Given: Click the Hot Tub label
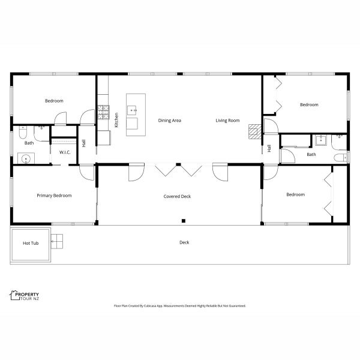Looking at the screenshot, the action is coord(31,243).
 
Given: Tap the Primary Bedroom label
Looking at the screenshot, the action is coord(54,196).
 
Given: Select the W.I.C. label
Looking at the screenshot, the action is coord(65,152).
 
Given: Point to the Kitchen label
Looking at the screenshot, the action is coord(116,120).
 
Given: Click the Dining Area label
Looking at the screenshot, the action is coord(169,121).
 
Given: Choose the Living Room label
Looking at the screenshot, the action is coord(227,121).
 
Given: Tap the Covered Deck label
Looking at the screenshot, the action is coord(177,197).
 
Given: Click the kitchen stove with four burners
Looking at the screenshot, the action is coord(104,112).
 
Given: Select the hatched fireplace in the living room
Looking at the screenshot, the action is coord(255,131).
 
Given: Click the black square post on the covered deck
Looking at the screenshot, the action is coord(184,221).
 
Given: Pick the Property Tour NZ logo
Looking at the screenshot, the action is coord(25,295).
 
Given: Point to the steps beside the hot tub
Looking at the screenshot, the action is coord(57,241).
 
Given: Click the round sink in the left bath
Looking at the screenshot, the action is coord(26,158).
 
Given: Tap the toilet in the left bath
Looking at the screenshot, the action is coord(23,132).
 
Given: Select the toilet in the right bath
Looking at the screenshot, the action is coord(341,158).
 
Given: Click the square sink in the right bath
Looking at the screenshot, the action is coord(321,140).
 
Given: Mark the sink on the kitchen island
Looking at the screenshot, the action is coord(132,110).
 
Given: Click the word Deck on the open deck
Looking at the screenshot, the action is coord(184,242).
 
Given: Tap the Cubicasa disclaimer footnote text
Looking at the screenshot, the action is coord(180,306).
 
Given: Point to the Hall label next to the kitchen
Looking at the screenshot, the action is coord(84,143).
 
